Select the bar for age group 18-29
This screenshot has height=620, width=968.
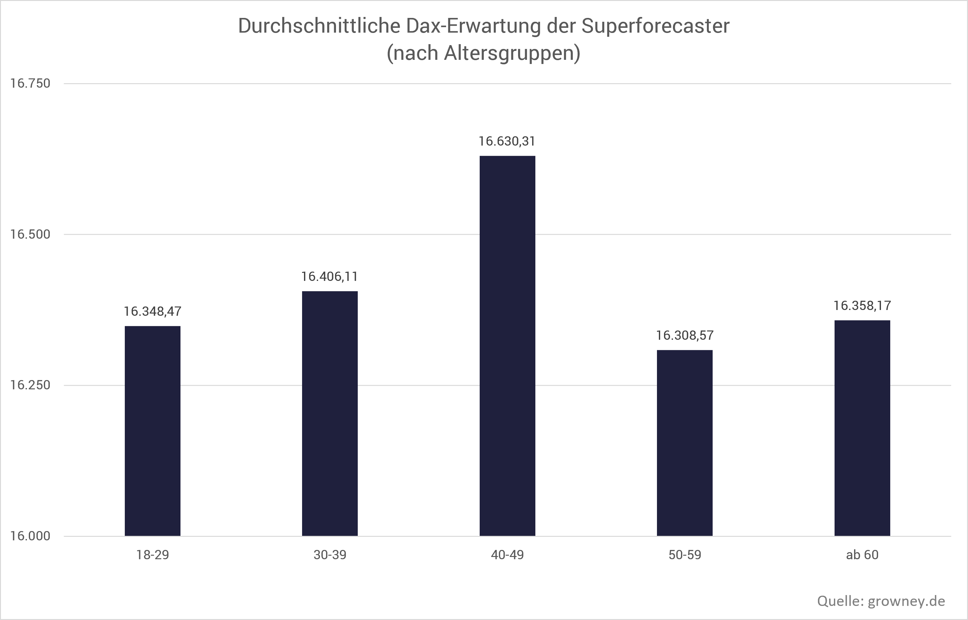(x=153, y=431)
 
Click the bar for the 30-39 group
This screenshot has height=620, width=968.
(x=330, y=413)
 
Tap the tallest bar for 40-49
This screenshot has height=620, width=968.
(x=507, y=346)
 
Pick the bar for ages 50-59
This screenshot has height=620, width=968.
(x=684, y=443)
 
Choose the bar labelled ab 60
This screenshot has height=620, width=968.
(x=862, y=428)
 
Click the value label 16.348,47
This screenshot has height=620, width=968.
(x=153, y=312)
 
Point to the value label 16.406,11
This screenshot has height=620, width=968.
(x=330, y=277)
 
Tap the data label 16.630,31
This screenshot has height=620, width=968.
(x=507, y=142)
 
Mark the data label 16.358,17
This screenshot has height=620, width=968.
(x=862, y=306)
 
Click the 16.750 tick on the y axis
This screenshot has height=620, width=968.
(x=30, y=84)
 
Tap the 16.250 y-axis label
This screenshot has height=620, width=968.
(x=30, y=385)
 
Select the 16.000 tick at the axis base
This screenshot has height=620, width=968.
(x=30, y=536)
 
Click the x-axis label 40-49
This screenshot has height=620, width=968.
(x=507, y=555)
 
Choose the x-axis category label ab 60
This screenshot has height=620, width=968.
(x=862, y=555)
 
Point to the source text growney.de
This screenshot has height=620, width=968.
(x=906, y=601)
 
